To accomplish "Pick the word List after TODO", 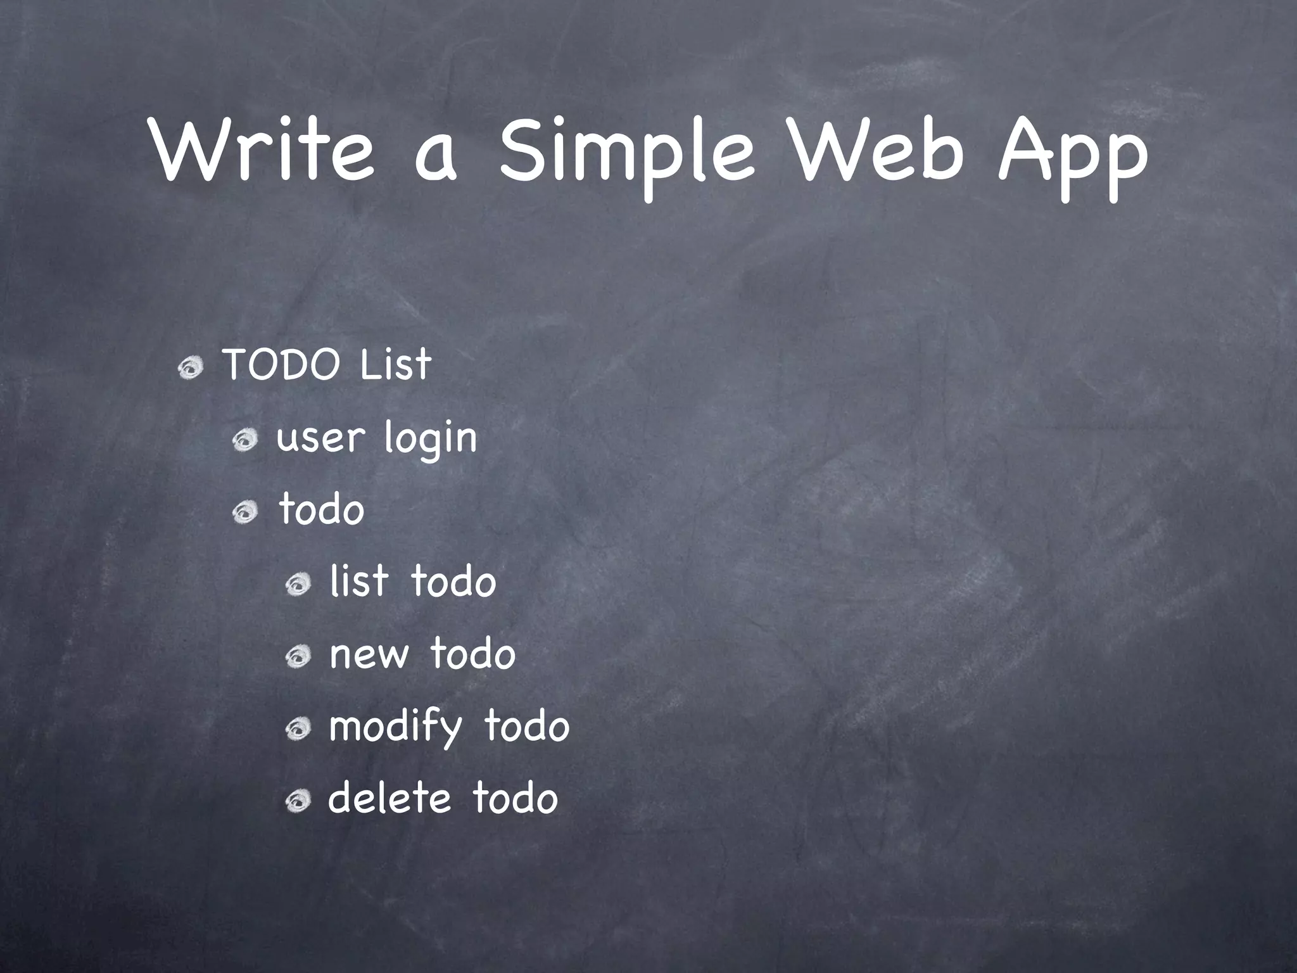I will pos(395,365).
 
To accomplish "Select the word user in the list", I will pos(321,438).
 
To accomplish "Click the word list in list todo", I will pos(358,582).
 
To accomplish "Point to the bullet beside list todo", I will pos(297,585).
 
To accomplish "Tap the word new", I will pos(369,655).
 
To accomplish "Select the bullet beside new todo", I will pos(297,657).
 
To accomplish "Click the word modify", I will pos(396,727).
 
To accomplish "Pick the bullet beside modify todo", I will pos(297,730).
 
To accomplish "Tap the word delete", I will pos(389,798).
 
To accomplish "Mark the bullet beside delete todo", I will pos(297,802).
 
